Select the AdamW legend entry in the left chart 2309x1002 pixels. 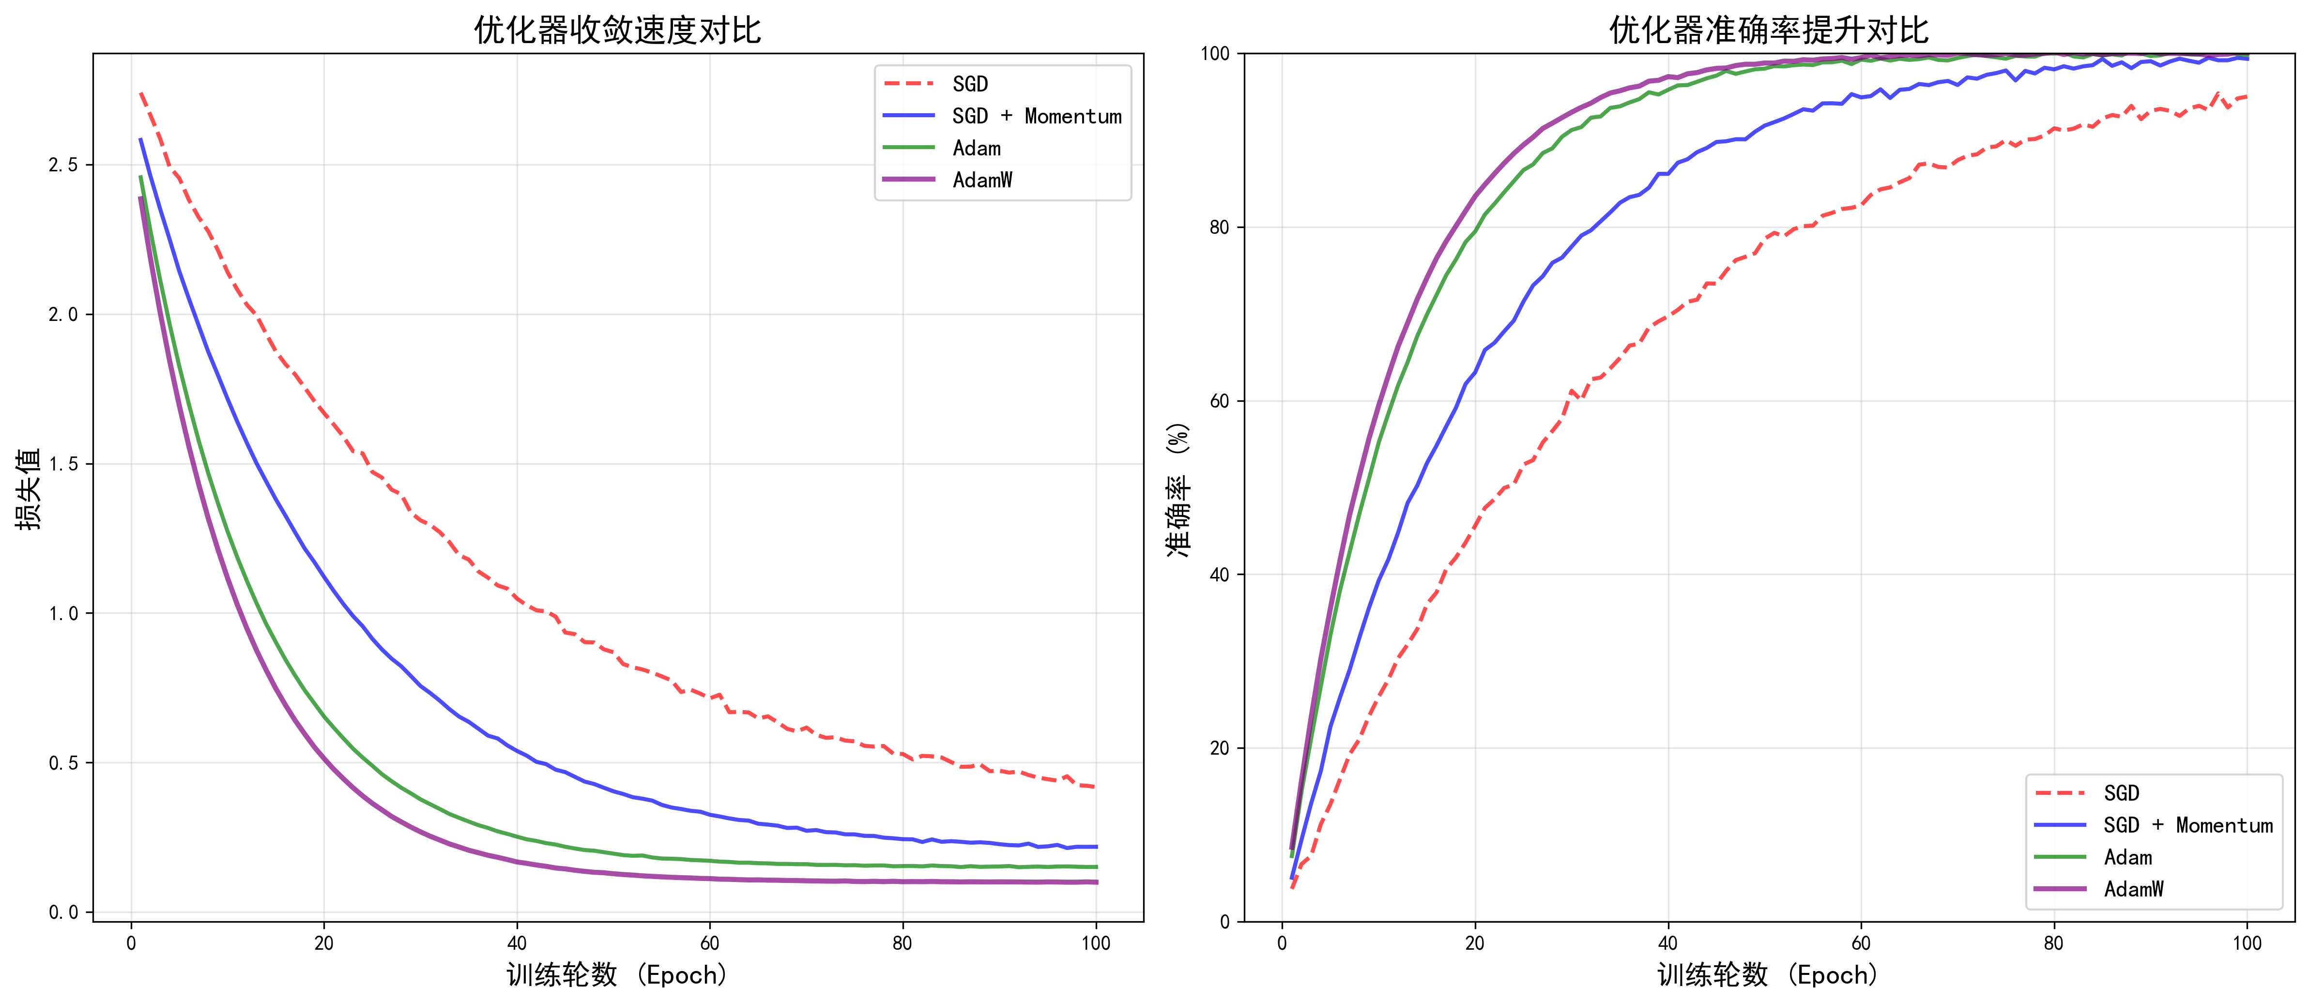pos(982,180)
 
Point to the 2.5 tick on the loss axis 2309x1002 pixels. pos(63,165)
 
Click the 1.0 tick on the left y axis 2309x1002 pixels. pos(63,614)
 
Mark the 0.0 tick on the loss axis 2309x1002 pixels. pos(63,912)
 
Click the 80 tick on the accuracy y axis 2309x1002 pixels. pos(1219,228)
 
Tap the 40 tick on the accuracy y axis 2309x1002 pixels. pos(1219,575)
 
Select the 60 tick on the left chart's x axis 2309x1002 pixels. pos(710,943)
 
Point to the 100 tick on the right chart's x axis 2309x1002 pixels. pos(2247,943)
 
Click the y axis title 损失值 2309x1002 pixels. pos(29,489)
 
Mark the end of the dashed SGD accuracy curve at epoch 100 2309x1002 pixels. pos(2246,97)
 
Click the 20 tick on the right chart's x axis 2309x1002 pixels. pos(1474,943)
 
